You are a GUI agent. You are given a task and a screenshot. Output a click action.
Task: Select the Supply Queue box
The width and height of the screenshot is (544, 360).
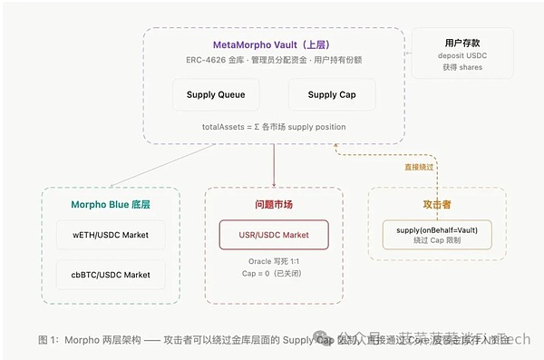pyautogui.click(x=216, y=94)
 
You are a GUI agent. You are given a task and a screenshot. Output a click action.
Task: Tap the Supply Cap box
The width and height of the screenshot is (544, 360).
pyautogui.click(x=330, y=94)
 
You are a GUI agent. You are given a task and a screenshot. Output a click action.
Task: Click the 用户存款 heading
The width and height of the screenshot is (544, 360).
pyautogui.click(x=462, y=42)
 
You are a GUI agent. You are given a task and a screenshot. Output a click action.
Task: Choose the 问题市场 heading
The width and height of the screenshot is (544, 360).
pyautogui.click(x=273, y=203)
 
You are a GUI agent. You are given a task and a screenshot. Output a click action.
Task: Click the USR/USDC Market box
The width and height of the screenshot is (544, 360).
pyautogui.click(x=273, y=235)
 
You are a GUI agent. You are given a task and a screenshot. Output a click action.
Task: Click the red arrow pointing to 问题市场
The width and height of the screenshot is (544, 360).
pyautogui.click(x=273, y=168)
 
